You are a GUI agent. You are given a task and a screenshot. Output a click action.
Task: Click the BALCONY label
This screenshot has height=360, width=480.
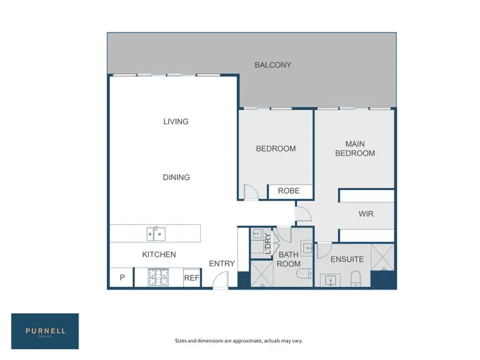[x=273, y=65]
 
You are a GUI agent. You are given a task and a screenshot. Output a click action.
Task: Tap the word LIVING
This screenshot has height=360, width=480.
[x=175, y=121]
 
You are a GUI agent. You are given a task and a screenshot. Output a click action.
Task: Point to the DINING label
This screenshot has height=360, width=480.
[x=176, y=177]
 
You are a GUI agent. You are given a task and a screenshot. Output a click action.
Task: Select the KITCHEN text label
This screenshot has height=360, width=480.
[x=159, y=254]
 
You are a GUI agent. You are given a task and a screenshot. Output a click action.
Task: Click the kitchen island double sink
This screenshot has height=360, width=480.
[x=156, y=234]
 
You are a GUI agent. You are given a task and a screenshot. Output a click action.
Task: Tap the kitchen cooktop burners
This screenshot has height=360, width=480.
[x=157, y=277]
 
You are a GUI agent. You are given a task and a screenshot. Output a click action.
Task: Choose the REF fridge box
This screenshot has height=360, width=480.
[x=191, y=278]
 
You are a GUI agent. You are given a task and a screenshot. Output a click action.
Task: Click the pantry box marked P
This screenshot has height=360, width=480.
[x=122, y=278]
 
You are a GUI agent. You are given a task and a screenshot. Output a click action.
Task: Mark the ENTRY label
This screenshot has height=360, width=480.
[x=222, y=263]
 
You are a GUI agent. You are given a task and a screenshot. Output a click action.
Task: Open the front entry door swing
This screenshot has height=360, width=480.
[x=221, y=279]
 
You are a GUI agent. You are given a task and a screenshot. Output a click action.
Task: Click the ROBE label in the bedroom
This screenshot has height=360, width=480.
[x=289, y=191]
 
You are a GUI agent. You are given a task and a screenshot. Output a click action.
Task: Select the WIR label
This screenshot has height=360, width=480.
[x=366, y=214]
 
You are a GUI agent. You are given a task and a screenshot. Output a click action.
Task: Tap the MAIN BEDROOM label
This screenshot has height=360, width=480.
[x=355, y=148]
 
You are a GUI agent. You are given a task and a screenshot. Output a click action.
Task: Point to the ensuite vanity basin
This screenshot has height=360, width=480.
[x=332, y=279]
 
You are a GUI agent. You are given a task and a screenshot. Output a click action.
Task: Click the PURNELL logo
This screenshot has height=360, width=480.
[x=45, y=331]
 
